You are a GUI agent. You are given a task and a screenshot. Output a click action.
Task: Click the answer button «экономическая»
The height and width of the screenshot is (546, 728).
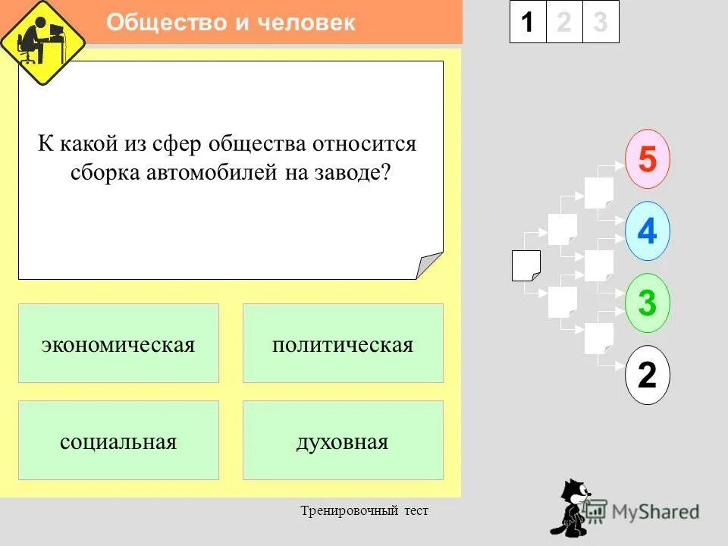tap(118, 344)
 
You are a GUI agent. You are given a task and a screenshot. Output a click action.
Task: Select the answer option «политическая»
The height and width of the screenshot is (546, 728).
tap(343, 344)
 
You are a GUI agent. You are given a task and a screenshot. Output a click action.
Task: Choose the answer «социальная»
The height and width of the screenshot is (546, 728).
tap(118, 441)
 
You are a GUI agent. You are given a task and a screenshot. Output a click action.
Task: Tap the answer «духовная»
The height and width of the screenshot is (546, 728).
tap(343, 441)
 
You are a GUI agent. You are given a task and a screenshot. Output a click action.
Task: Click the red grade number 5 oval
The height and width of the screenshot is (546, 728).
tap(647, 159)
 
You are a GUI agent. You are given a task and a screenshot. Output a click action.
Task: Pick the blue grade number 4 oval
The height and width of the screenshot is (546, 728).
tap(647, 231)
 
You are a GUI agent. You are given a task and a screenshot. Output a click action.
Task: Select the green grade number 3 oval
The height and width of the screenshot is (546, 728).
tap(647, 303)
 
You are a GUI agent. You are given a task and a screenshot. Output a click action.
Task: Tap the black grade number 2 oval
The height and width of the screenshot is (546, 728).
tap(647, 375)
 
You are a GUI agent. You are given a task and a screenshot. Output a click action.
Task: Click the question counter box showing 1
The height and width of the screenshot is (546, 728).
tap(527, 22)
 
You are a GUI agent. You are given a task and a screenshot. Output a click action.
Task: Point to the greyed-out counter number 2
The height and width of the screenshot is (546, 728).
tap(563, 22)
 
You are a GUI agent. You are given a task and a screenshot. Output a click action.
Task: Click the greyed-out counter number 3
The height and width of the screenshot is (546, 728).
tap(601, 22)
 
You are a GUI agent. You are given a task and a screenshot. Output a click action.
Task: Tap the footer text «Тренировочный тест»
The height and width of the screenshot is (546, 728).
tap(364, 511)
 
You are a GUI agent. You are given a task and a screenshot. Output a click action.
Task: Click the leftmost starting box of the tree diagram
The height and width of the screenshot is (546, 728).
tap(526, 265)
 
